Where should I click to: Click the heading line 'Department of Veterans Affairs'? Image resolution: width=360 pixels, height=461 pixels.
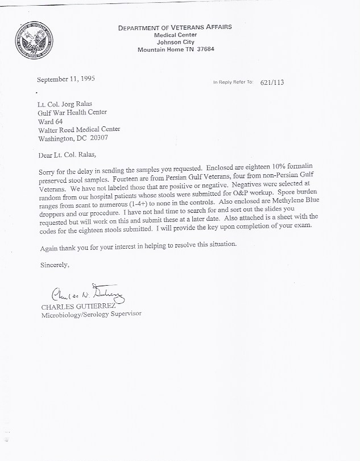pos(175,27)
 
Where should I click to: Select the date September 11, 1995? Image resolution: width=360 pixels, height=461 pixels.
pos(66,79)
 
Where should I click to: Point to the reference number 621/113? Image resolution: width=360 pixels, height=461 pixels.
pos(271,83)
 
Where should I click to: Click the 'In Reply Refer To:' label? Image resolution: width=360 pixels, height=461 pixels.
pos(233,83)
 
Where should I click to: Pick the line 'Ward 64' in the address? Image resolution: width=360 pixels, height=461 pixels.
pos(50,121)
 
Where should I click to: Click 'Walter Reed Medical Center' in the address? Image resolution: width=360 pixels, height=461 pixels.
pos(79,129)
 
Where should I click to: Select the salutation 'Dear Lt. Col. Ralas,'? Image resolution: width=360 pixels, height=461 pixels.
pos(69,155)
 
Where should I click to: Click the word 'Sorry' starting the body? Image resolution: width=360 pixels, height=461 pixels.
pos(48,171)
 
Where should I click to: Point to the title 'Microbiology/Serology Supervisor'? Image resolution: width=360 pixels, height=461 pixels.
pos(91,314)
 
